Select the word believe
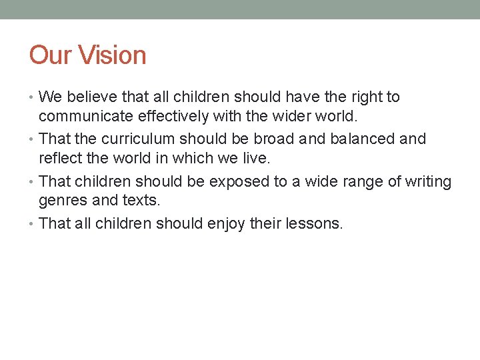[87, 97]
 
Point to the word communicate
[85, 118]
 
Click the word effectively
[172, 118]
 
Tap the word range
[361, 182]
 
